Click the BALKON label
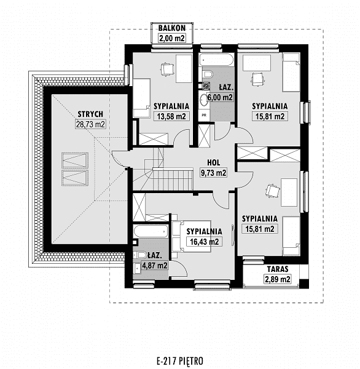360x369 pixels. pos(171,28)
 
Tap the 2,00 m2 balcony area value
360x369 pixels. pos(172,38)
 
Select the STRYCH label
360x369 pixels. pos(90,114)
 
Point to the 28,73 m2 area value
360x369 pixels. pos(90,124)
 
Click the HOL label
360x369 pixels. pos(214,162)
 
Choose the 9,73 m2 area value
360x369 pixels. pos(214,173)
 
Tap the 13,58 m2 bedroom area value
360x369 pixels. pos(171,116)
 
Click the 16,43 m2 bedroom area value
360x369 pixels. pos(205,242)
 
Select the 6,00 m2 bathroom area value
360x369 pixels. pos(220,97)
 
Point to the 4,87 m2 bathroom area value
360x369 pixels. pos(155,266)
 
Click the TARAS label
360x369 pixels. pos(278,269)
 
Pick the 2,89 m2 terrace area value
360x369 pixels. pos(278,279)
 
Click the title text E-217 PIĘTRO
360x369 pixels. pos(180,361)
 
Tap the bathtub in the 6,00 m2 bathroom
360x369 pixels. pos(216,60)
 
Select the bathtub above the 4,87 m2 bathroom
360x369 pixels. pos(151,231)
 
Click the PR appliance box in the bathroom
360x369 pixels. pos(204,116)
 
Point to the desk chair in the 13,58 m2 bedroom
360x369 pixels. pos(167,69)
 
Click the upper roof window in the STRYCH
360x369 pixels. pos(75,161)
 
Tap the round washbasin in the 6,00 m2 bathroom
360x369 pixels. pos(203,100)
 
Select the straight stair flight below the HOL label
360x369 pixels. pos(173,180)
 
